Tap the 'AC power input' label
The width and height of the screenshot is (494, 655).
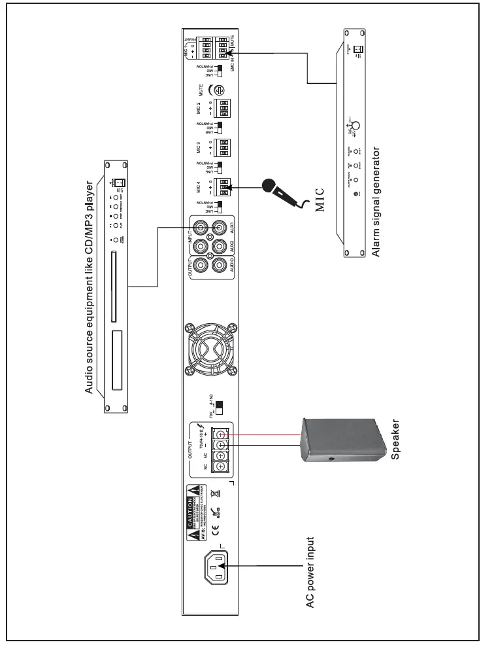click(312, 573)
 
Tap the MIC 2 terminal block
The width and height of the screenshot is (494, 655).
click(223, 107)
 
